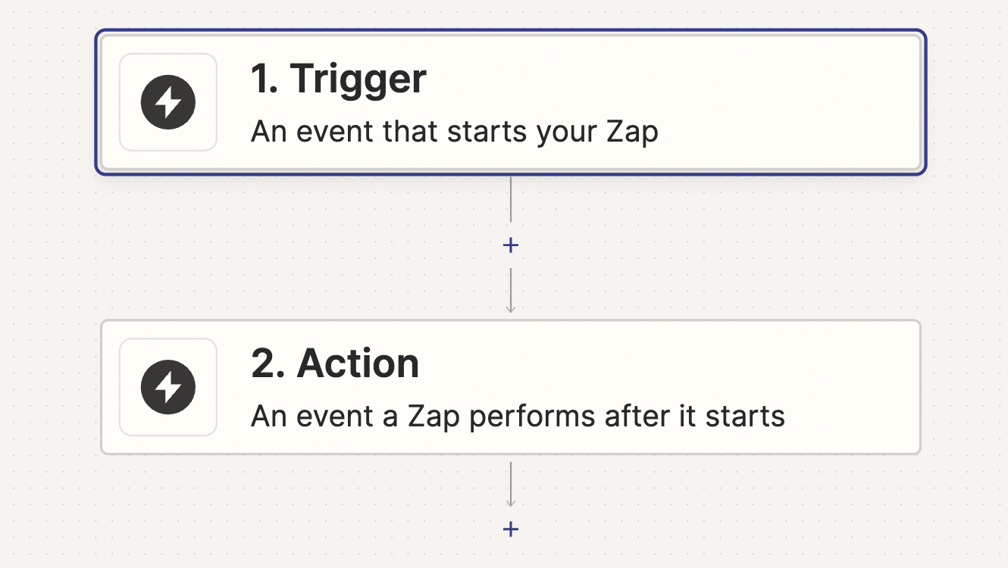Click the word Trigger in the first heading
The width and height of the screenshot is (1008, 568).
tap(358, 79)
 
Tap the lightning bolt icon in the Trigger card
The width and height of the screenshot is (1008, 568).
tap(167, 102)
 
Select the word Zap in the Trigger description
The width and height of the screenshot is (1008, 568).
tap(632, 133)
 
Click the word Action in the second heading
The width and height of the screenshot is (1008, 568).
tap(358, 364)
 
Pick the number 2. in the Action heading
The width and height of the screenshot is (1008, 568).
tap(268, 364)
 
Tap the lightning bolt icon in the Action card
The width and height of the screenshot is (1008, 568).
tap(167, 387)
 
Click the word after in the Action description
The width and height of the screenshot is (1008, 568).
tap(637, 416)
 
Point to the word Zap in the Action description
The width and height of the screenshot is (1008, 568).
tap(434, 417)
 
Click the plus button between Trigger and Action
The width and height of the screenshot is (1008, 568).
tap(511, 245)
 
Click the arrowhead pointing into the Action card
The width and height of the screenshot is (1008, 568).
tap(511, 310)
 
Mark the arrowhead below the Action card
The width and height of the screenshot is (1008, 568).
tap(511, 503)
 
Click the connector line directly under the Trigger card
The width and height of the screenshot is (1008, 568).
tap(511, 199)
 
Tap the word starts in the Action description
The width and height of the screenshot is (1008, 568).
tap(745, 417)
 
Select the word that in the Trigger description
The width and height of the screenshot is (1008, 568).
tap(411, 131)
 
